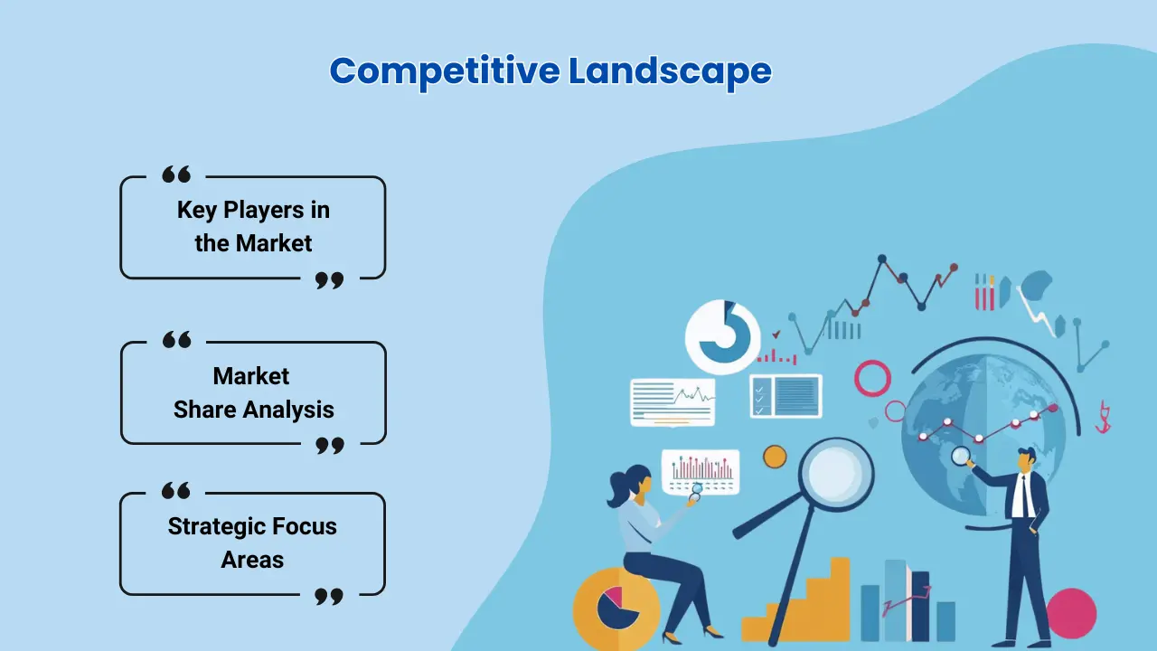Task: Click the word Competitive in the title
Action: click(445, 71)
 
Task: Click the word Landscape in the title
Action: click(670, 71)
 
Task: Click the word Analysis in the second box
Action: click(288, 410)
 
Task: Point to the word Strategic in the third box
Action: click(216, 527)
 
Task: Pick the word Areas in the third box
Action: click(252, 560)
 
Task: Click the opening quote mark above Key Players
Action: click(176, 175)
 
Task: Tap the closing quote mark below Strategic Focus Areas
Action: click(329, 596)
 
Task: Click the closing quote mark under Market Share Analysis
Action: click(330, 446)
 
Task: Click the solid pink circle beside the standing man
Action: click(1071, 613)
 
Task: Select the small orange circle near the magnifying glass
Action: click(775, 457)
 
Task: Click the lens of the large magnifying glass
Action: click(835, 474)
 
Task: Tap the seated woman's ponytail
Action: click(618, 489)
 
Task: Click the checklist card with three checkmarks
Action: click(785, 396)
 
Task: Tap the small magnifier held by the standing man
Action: click(961, 457)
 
